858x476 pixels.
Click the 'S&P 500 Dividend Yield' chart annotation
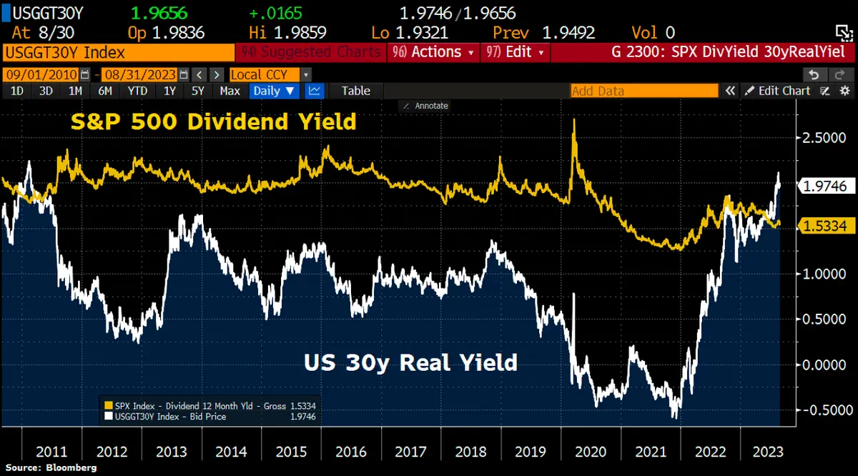click(212, 122)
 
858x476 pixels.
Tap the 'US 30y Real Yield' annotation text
click(410, 362)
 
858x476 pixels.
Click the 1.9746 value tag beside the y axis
click(824, 187)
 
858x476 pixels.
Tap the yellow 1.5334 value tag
click(824, 227)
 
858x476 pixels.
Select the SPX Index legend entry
click(211, 405)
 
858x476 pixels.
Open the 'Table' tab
click(355, 91)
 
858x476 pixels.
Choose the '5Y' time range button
click(198, 91)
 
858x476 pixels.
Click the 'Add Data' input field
click(643, 91)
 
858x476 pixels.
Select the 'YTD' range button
click(137, 91)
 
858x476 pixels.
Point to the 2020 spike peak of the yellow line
click(574, 120)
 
